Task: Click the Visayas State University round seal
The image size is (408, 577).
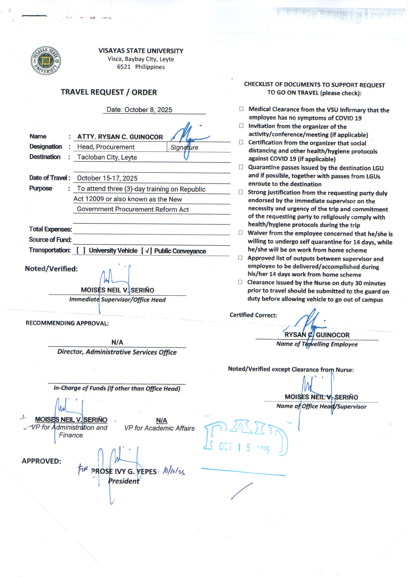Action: coord(46,60)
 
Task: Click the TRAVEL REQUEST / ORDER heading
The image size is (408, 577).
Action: coord(109,92)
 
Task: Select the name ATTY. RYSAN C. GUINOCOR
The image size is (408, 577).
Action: coord(120,137)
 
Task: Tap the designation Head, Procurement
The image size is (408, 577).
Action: coord(106,147)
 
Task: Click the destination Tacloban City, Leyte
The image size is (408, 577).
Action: coord(107,157)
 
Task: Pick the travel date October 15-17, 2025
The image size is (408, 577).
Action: coord(107,178)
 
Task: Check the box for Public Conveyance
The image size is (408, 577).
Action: coord(147,251)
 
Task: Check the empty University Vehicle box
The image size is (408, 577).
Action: coord(81,250)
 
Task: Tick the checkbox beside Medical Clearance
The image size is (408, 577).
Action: coord(241,109)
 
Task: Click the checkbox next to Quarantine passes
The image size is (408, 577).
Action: coord(241,167)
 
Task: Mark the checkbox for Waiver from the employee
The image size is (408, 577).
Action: coord(241,233)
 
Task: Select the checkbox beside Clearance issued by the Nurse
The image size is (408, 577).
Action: coord(240,282)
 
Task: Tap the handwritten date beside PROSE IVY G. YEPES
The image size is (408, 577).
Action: coord(174,471)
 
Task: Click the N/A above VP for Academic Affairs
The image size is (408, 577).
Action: coord(162,420)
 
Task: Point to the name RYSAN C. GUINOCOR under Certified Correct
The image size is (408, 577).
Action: coord(317,335)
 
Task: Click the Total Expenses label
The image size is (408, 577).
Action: coord(50,229)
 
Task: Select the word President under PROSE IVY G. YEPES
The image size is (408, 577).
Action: coord(124,481)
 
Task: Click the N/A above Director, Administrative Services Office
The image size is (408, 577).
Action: coord(117,342)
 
